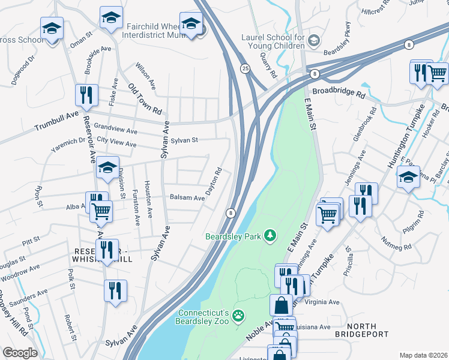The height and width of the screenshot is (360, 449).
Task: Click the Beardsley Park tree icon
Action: (270, 236)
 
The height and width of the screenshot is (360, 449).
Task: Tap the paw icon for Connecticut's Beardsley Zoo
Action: (238, 314)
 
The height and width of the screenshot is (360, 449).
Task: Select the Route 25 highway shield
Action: (245, 69)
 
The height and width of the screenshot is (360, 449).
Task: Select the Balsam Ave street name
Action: (187, 197)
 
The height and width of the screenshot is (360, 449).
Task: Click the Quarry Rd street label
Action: (268, 64)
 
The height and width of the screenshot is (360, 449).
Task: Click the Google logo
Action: (20, 353)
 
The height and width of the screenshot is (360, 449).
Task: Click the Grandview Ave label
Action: (115, 128)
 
